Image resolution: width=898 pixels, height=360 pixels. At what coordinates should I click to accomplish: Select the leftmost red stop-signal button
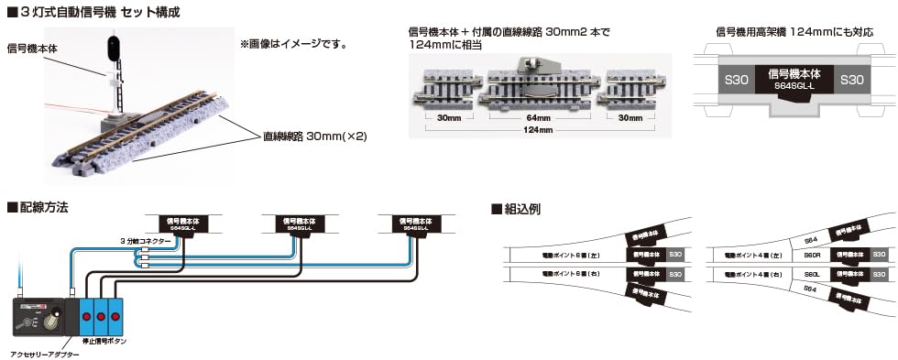pyautogui.click(x=87, y=316)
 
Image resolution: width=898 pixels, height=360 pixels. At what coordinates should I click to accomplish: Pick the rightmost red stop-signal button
pyautogui.click(x=116, y=316)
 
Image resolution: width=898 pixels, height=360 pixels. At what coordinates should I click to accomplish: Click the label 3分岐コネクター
pyautogui.click(x=145, y=241)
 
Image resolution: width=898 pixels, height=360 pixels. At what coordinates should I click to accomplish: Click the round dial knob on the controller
pyautogui.click(x=55, y=322)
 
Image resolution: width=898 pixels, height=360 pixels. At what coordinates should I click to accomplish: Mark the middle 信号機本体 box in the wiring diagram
pyautogui.click(x=296, y=224)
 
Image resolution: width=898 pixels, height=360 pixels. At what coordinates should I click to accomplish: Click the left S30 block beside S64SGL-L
pyautogui.click(x=739, y=80)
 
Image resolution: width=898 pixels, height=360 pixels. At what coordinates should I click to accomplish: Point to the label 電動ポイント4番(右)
pyautogui.click(x=751, y=274)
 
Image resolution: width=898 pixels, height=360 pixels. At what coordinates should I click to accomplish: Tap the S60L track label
pyautogui.click(x=810, y=274)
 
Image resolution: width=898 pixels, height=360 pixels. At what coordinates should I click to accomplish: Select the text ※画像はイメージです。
pyautogui.click(x=292, y=43)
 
